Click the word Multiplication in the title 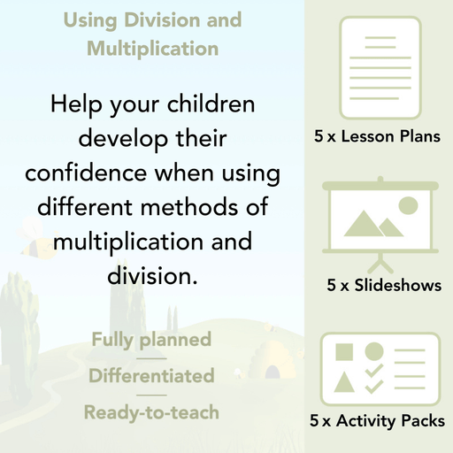point(152,48)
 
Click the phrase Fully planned point(151,339)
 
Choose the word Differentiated point(151,376)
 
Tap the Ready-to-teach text point(151,412)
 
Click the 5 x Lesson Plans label point(378,137)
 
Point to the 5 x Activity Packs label point(378,422)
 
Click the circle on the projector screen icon point(408,206)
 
